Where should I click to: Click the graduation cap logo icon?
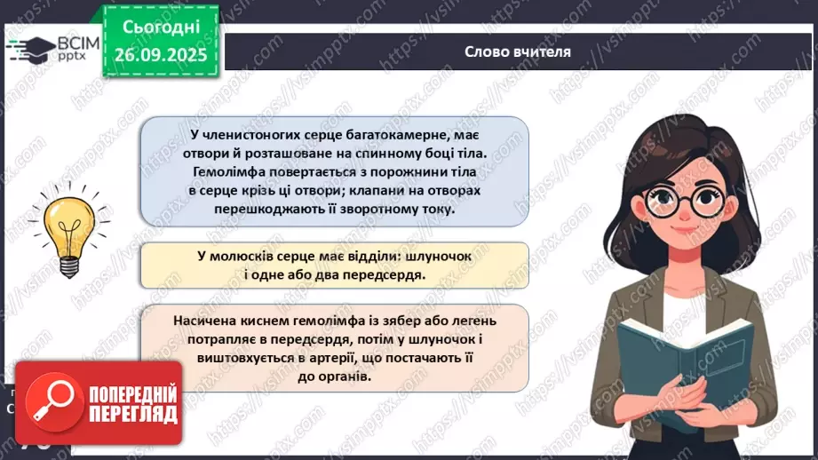coord(35,47)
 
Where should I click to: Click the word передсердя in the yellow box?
coord(379,274)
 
